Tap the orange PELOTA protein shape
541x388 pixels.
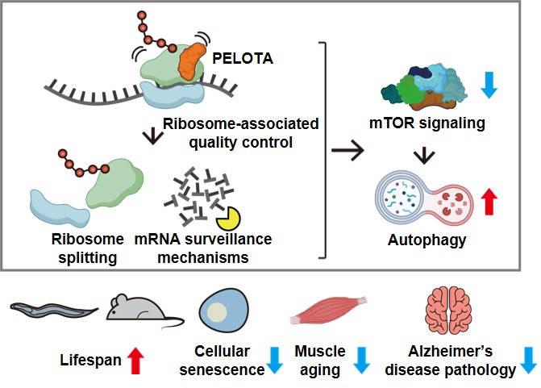pos(193,64)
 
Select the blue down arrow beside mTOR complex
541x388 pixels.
pos(488,85)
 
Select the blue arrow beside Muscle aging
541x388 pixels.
pos(360,361)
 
